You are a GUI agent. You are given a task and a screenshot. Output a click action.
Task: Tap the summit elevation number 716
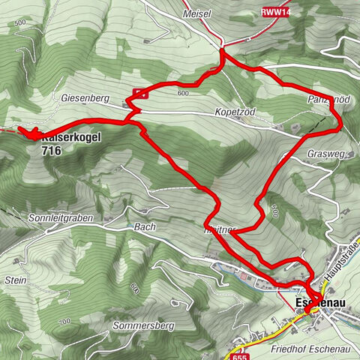click(x=52, y=151)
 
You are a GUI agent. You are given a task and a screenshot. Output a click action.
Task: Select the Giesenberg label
click(x=81, y=98)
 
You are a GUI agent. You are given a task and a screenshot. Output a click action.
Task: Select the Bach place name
click(x=145, y=226)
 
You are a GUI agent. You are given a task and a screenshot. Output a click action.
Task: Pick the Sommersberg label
click(x=143, y=326)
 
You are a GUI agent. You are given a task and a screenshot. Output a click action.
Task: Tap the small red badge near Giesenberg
click(x=140, y=93)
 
